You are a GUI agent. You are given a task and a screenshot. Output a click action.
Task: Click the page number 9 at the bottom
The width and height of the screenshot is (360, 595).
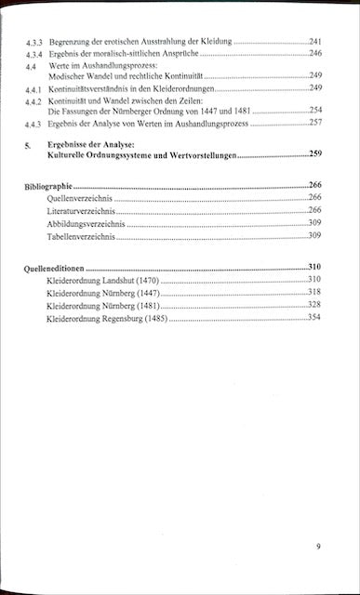317,546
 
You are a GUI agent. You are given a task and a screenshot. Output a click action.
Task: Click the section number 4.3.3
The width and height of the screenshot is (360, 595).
34,43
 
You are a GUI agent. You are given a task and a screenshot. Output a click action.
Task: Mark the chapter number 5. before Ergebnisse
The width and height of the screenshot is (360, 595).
29,147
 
